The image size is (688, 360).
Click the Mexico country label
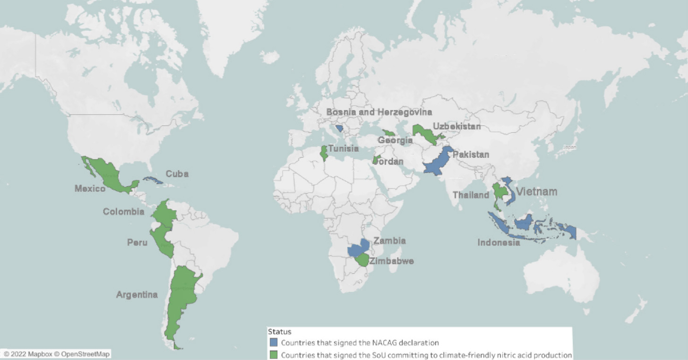[x=90, y=189]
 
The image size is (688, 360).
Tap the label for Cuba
[x=178, y=174]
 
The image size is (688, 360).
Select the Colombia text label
[x=124, y=212]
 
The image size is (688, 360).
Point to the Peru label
[x=137, y=242]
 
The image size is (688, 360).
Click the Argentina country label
[x=137, y=295]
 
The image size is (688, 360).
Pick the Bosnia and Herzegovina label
[x=379, y=112]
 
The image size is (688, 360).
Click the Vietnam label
[x=536, y=192]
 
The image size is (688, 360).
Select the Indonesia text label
[x=499, y=243]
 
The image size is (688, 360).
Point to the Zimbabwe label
[x=392, y=261]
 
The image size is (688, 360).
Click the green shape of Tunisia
[x=324, y=153]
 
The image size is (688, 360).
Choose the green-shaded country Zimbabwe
[x=363, y=260]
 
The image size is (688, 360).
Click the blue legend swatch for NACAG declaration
[x=273, y=343]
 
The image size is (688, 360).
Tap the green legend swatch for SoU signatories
[x=273, y=355]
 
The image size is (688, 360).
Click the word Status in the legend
[x=279, y=332]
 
